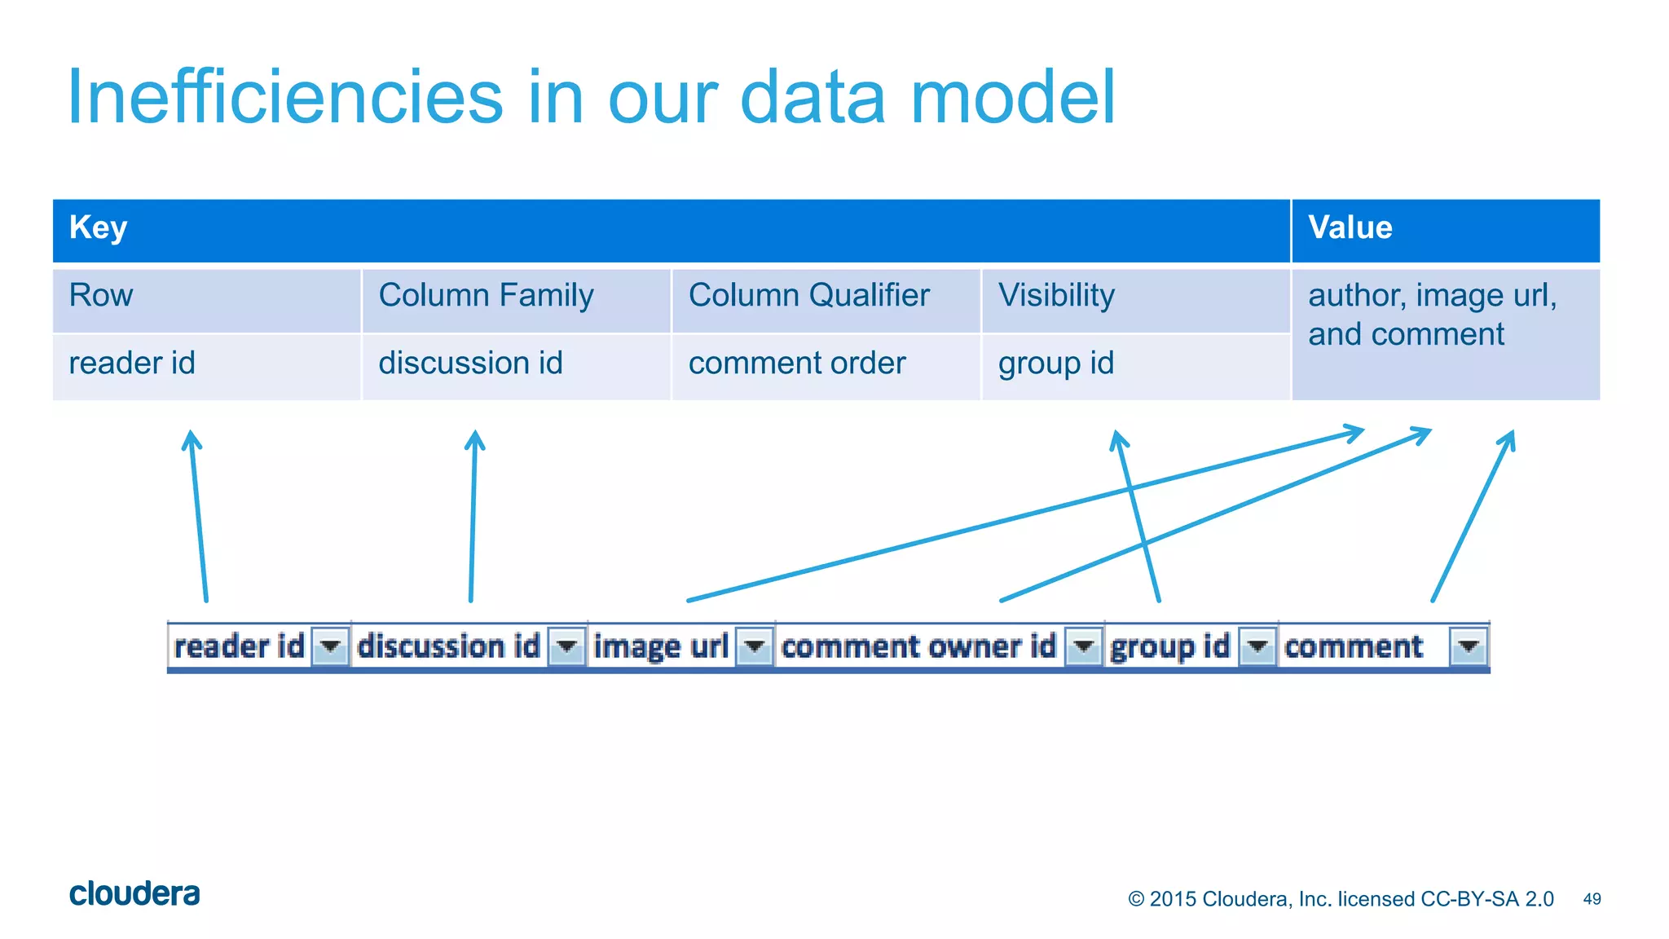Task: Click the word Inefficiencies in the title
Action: tap(285, 97)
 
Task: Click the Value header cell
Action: tap(1445, 230)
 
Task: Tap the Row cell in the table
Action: tap(206, 298)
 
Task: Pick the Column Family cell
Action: tap(516, 298)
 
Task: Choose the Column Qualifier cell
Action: tap(826, 298)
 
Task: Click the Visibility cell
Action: tap(1135, 298)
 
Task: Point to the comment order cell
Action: tap(826, 365)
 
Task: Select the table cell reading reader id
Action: tap(206, 365)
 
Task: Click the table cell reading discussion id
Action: tap(516, 365)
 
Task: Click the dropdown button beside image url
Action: tap(755, 647)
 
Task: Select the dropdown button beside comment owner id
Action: tap(1084, 647)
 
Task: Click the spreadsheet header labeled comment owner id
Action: tap(918, 647)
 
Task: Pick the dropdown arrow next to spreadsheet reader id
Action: tap(330, 647)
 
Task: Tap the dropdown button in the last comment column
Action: tap(1469, 647)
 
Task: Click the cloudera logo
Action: tap(134, 894)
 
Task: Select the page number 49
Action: tap(1592, 899)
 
